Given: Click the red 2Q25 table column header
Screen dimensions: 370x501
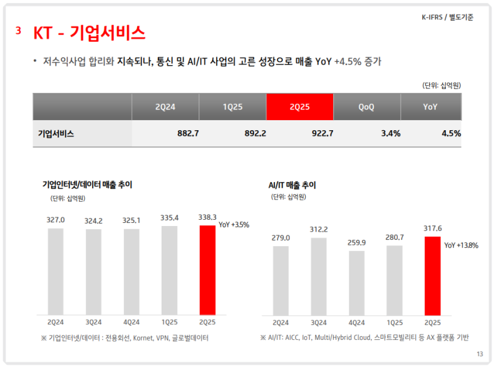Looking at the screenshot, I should click(x=299, y=107).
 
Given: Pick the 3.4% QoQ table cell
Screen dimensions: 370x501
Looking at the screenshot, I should click(x=390, y=133).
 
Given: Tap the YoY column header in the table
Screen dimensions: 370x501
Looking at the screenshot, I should click(x=430, y=107).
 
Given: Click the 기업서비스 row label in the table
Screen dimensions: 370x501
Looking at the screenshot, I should click(x=56, y=133).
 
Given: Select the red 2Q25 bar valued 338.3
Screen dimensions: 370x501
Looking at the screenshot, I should click(x=207, y=270).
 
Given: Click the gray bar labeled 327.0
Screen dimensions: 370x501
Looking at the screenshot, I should click(x=56, y=271).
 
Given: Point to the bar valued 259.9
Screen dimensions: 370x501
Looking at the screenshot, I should click(x=356, y=282).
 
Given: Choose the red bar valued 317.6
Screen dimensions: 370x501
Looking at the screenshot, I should click(x=432, y=275).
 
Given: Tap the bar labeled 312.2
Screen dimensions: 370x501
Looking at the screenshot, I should click(x=319, y=276).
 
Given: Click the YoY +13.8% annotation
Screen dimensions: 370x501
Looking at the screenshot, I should click(x=461, y=245).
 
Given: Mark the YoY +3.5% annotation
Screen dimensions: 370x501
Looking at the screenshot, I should click(x=234, y=225).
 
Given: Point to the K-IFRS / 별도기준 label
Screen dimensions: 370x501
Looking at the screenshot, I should click(x=447, y=18).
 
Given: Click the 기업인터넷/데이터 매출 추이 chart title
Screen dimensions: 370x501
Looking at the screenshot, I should click(x=87, y=185).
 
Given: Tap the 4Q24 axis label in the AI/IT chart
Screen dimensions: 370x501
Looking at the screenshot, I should click(x=356, y=322).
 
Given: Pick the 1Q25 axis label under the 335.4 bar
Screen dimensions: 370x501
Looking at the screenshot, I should click(x=170, y=322).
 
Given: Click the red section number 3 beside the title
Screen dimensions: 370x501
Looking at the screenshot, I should click(x=19, y=31).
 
